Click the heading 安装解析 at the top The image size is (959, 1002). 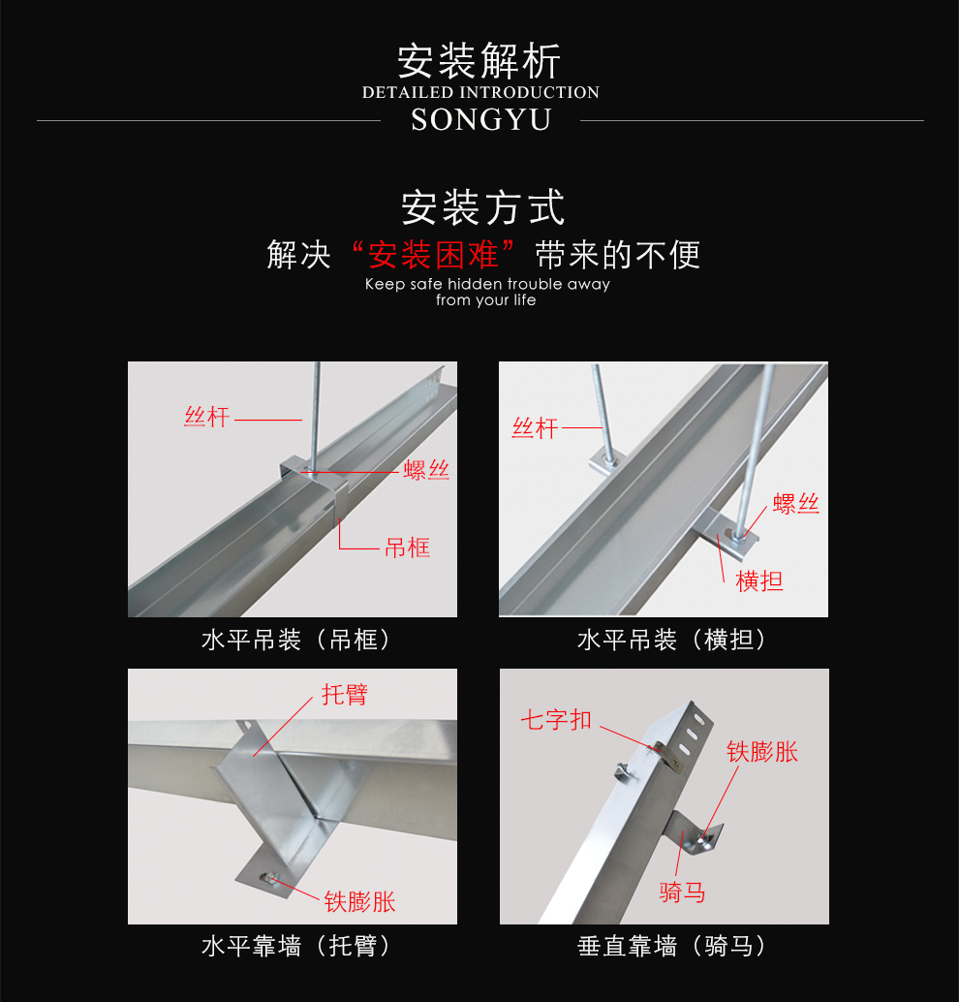(479, 61)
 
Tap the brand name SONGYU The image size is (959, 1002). (480, 120)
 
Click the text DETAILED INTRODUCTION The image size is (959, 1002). (480, 93)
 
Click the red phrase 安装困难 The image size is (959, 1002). (433, 255)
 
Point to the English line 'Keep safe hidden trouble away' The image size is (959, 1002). (487, 284)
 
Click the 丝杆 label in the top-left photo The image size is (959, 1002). (207, 418)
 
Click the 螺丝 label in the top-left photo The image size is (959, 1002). (426, 471)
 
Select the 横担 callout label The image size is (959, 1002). (759, 581)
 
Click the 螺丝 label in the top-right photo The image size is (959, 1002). (796, 504)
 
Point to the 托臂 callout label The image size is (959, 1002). (345, 695)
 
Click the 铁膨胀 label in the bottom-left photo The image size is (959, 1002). (360, 901)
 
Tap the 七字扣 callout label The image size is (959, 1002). (556, 719)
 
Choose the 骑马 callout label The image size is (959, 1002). (682, 892)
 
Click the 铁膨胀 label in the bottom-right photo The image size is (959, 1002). (762, 751)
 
